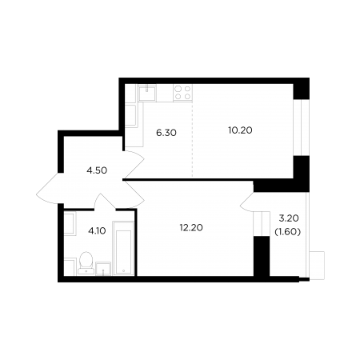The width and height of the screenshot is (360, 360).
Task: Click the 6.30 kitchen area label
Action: click(166, 133)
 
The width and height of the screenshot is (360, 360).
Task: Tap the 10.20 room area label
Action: click(240, 130)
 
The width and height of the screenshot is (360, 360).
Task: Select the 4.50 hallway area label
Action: click(97, 170)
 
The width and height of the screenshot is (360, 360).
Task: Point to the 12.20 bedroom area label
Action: click(191, 228)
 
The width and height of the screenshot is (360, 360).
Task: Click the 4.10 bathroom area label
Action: click(97, 230)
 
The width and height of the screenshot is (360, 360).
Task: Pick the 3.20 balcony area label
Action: click(289, 218)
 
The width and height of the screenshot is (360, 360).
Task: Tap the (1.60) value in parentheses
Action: click(288, 232)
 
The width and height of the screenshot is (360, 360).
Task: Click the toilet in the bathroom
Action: click(86, 263)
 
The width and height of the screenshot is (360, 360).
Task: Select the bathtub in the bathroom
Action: click(123, 248)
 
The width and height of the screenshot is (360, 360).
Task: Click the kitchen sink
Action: click(147, 93)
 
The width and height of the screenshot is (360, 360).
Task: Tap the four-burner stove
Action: click(182, 93)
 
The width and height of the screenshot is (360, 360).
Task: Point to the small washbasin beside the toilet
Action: click(103, 269)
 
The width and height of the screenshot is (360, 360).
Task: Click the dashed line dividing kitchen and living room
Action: click(193, 139)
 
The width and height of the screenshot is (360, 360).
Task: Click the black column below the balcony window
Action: click(262, 256)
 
